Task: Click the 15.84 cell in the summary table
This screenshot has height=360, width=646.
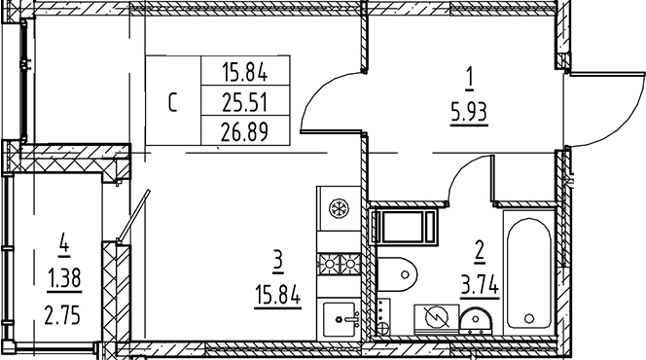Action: tap(244, 71)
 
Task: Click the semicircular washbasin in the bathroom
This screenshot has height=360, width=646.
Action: tap(474, 319)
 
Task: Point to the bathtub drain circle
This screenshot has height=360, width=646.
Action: tap(528, 315)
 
